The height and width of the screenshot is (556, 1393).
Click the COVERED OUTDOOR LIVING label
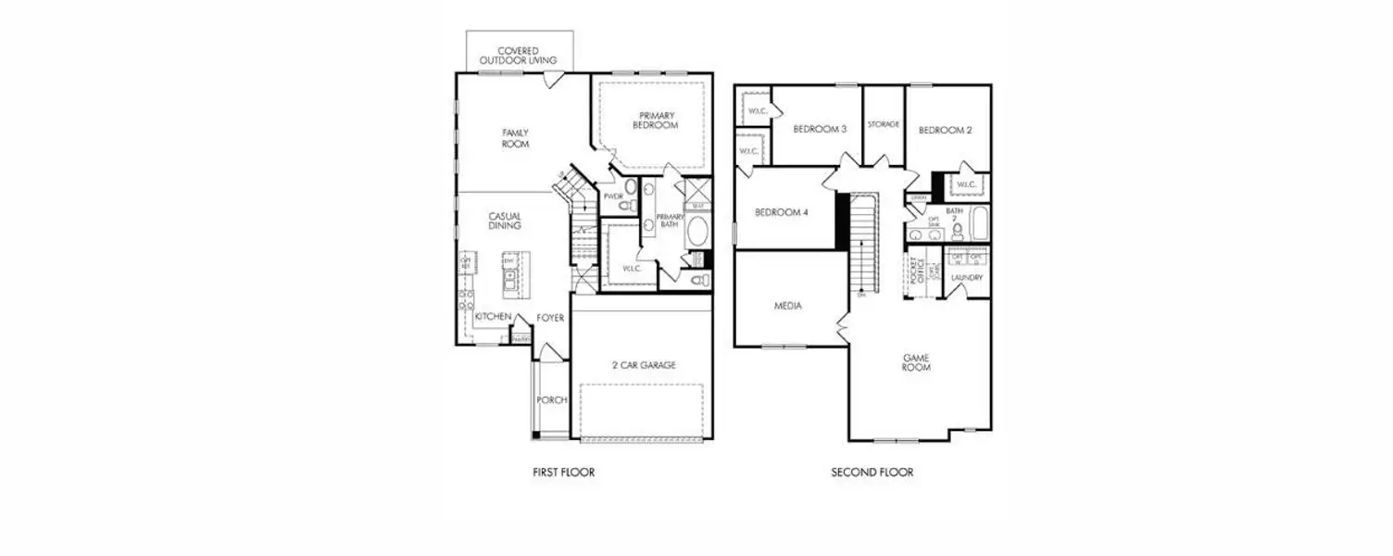click(519, 56)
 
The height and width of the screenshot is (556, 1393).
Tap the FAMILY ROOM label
click(516, 139)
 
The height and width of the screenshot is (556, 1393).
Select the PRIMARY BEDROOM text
click(656, 120)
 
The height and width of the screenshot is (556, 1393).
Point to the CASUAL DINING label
click(506, 221)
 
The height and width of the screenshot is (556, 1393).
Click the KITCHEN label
click(493, 317)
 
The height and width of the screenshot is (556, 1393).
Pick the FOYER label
click(550, 318)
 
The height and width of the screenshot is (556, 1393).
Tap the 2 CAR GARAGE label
click(644, 365)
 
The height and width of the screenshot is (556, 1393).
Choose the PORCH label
click(551, 400)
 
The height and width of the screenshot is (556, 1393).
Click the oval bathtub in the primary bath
click(696, 231)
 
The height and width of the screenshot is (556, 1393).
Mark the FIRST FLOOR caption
click(563, 473)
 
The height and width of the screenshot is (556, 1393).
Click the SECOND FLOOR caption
click(872, 473)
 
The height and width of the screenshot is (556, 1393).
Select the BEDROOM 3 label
click(820, 130)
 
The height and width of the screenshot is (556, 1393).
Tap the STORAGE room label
click(884, 124)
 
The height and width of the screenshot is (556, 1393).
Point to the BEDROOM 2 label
click(945, 131)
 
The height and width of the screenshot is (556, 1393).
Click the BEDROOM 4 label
click(782, 212)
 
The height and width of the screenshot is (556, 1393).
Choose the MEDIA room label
click(788, 306)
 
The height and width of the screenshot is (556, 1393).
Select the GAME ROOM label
click(917, 362)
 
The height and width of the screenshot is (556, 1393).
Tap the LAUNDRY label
click(967, 277)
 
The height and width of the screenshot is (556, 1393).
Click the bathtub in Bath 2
click(979, 224)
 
